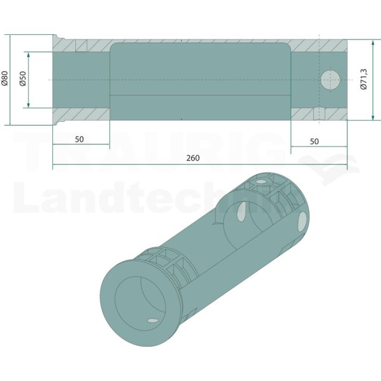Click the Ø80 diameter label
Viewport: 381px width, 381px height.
5,78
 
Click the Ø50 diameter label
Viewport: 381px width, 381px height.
23,78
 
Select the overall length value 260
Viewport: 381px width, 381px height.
193,158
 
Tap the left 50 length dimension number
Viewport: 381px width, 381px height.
79,139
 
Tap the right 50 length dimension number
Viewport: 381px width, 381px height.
314,141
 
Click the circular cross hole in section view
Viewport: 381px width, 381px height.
330,80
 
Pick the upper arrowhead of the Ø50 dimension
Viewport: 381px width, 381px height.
28,55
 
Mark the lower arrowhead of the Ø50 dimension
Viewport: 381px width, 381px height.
28,105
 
